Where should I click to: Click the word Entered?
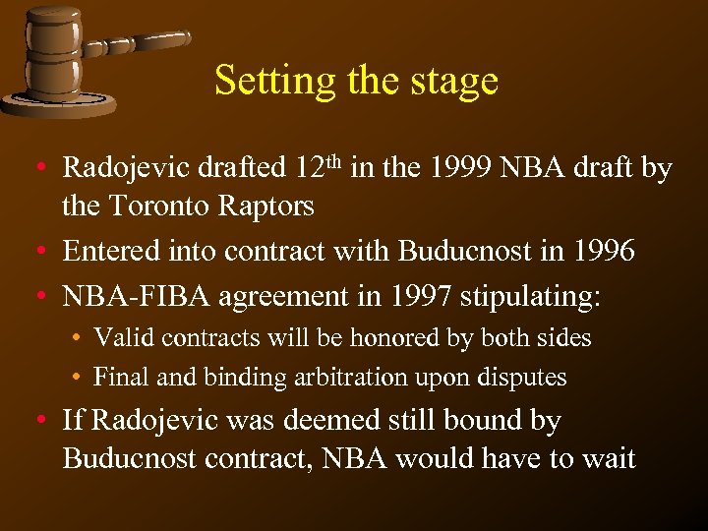[x=107, y=253]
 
